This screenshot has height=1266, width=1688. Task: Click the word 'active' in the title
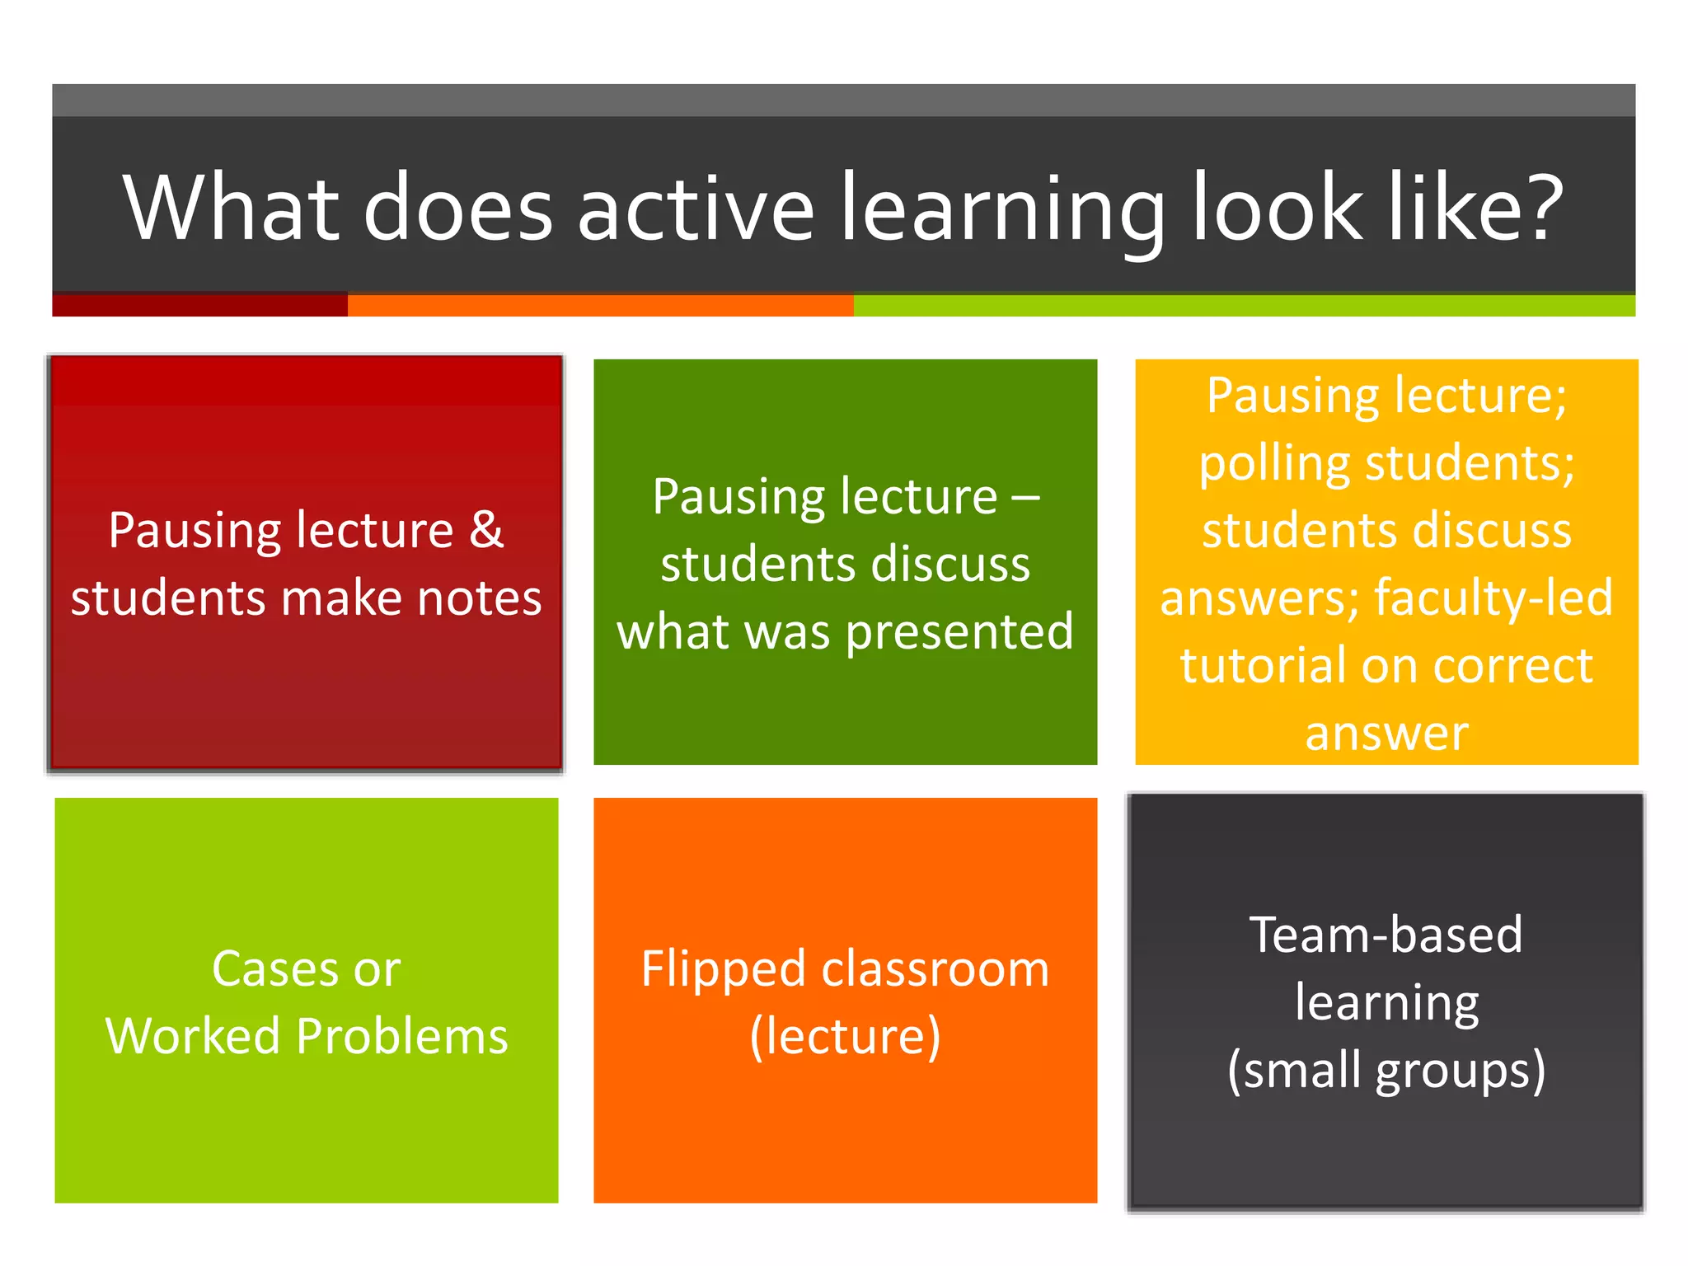[x=696, y=208]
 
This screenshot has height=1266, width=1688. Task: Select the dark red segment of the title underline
[x=199, y=305]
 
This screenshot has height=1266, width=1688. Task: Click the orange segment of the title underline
[x=600, y=305]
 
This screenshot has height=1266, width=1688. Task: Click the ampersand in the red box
[x=486, y=529]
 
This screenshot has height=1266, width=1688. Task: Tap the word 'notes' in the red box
[x=479, y=598]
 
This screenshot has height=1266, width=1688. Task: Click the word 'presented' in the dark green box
[x=959, y=633]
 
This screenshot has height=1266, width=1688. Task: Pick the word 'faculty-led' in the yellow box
[x=1493, y=598]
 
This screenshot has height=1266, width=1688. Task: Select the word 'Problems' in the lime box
[x=402, y=1036]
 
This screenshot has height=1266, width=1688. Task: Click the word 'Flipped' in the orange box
[x=723, y=970]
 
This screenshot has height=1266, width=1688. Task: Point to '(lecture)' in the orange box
[x=845, y=1036]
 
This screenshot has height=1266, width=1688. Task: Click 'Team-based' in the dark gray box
[x=1386, y=935]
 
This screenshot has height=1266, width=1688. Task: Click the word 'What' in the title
[x=232, y=208]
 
